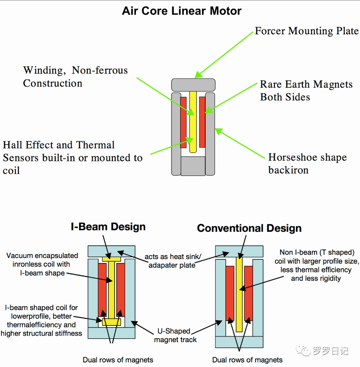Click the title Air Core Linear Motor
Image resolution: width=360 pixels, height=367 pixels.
pyautogui.click(x=182, y=11)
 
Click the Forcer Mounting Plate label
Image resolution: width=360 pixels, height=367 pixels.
pyautogui.click(x=306, y=31)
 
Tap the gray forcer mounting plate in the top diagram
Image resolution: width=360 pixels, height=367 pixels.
pyautogui.click(x=193, y=84)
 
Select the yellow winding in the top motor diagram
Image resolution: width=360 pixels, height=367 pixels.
pyautogui.click(x=193, y=122)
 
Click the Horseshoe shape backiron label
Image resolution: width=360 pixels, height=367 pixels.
pyautogui.click(x=307, y=163)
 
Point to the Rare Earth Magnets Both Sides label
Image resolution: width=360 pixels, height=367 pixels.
pyautogui.click(x=306, y=91)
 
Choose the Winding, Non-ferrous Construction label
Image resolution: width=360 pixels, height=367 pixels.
pyautogui.click(x=75, y=77)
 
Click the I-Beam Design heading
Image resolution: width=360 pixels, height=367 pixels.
pyautogui.click(x=108, y=227)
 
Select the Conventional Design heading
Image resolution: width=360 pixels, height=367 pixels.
pyautogui.click(x=249, y=228)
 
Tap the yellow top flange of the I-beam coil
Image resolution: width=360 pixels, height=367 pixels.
pyautogui.click(x=111, y=259)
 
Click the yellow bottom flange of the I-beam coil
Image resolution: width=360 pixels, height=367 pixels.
pyautogui.click(x=111, y=322)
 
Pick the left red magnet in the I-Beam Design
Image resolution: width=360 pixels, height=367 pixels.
pyautogui.click(x=102, y=290)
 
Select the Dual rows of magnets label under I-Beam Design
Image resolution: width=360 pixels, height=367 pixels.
pyautogui.click(x=118, y=360)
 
